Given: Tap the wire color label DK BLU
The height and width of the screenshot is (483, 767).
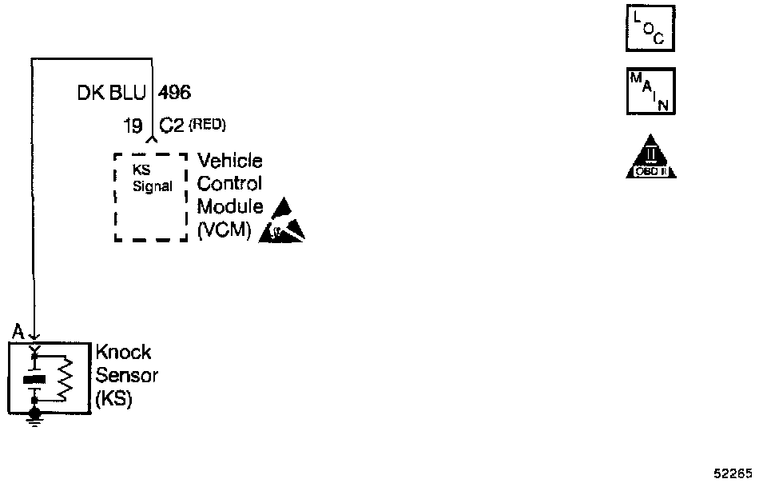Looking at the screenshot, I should click(x=112, y=94).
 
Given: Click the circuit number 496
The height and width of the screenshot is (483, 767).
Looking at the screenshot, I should click(x=175, y=94).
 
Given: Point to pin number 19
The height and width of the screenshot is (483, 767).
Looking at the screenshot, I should click(x=133, y=126).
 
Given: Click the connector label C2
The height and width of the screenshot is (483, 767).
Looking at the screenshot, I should click(x=173, y=126).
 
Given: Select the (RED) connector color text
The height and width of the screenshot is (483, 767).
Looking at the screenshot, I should click(x=208, y=125).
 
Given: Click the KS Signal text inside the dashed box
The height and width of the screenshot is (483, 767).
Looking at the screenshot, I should click(x=151, y=179).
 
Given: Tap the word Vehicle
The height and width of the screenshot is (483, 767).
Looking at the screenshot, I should click(x=230, y=162).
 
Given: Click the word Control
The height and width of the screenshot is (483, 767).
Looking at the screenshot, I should click(x=229, y=184).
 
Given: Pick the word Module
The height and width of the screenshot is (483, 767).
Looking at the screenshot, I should click(x=230, y=207).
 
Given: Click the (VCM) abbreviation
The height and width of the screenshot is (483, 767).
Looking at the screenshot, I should click(x=224, y=231).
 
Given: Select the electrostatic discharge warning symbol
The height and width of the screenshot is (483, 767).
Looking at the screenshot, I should click(x=282, y=222).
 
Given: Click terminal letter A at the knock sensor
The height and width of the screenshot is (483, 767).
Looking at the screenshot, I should click(x=17, y=332).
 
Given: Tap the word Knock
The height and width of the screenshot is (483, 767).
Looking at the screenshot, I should click(x=123, y=353).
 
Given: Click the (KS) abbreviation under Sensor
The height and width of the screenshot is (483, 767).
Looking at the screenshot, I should click(x=113, y=398).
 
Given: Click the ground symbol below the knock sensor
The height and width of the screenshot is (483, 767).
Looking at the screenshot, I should click(x=34, y=417).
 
